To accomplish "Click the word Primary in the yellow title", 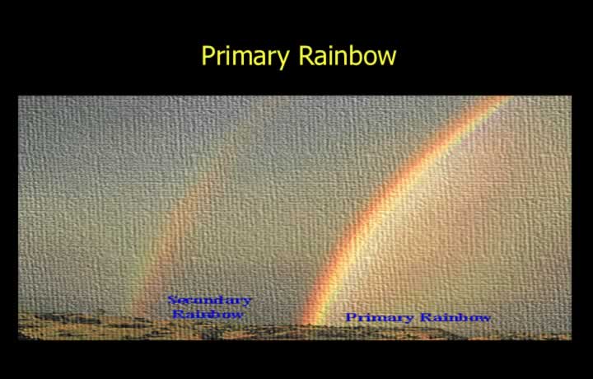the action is tap(245, 57).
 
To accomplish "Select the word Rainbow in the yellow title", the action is tap(348, 55).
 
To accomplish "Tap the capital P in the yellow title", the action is tap(208, 55).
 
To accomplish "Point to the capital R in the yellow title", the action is tap(306, 55).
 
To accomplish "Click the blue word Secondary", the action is tap(209, 301).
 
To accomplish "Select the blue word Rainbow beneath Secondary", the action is tap(208, 314).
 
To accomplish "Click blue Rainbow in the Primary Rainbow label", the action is tap(455, 317).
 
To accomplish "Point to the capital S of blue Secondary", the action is tap(172, 301).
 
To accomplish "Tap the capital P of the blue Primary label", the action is tap(351, 317).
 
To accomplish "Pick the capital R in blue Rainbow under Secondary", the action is tap(178, 314).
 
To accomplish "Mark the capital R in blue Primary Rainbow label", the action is tap(427, 317).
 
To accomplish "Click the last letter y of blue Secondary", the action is tap(246, 302).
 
